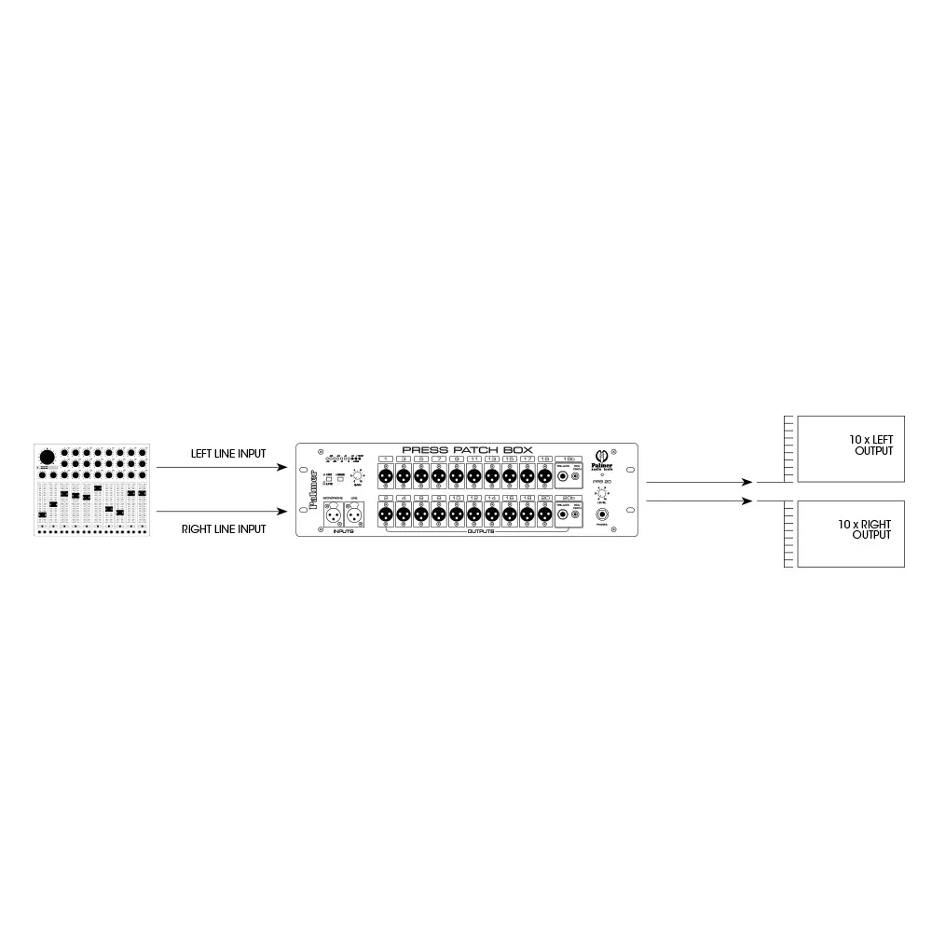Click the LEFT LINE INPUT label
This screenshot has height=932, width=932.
click(228, 454)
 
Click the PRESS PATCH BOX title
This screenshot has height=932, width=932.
click(467, 449)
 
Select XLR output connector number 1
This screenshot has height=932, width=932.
click(385, 476)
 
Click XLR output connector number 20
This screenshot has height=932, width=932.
click(544, 514)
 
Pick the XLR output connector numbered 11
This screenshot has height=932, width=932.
click(473, 476)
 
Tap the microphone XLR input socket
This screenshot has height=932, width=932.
click(332, 514)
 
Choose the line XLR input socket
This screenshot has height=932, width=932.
click(354, 514)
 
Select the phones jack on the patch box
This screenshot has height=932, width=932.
click(602, 514)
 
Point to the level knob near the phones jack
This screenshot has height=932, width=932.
click(602, 492)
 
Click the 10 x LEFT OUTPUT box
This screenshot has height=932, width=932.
click(851, 448)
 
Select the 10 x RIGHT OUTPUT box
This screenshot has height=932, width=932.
click(851, 534)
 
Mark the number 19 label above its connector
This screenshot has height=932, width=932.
click(544, 459)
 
